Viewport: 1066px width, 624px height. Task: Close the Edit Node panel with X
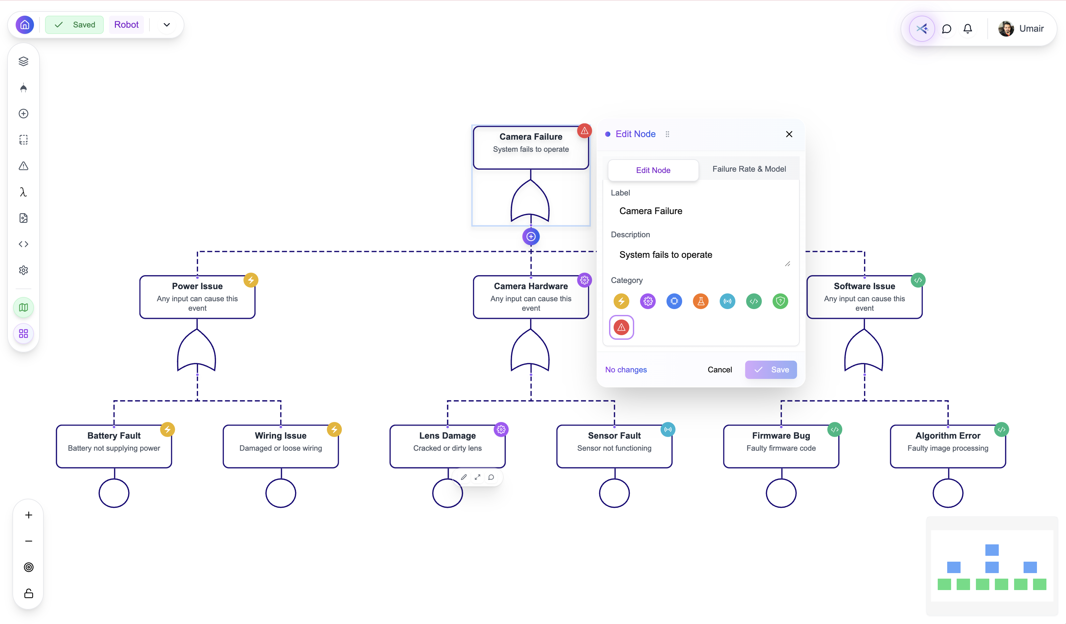pos(789,134)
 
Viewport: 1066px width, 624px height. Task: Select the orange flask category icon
pos(700,301)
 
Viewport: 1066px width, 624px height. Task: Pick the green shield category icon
pos(780,301)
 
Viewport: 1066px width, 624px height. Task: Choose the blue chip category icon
pos(674,301)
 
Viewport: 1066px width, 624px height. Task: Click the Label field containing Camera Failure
pos(700,211)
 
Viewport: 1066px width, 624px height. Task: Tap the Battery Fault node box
pos(114,446)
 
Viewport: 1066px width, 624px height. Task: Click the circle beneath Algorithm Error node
pos(948,493)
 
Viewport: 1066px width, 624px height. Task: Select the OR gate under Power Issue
pos(197,351)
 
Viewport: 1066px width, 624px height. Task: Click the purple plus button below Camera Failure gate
pos(531,237)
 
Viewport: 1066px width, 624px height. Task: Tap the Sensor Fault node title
pos(614,436)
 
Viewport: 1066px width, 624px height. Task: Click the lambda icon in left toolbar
pos(23,192)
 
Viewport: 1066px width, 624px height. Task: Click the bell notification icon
pos(967,29)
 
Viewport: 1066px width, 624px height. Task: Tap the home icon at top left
pos(25,24)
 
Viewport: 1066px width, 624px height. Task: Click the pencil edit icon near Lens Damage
pos(463,477)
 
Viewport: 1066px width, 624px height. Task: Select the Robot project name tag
pos(126,24)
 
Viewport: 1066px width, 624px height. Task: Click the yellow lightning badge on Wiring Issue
pos(334,430)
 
